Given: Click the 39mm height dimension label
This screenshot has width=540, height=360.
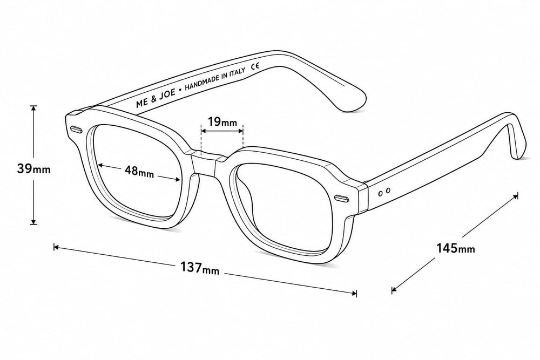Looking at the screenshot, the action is click(x=33, y=169).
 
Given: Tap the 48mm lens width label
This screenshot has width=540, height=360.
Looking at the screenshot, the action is click(x=139, y=171).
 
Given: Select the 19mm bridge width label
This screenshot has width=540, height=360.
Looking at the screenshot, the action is click(x=222, y=121).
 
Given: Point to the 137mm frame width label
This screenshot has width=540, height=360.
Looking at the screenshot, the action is click(x=200, y=268).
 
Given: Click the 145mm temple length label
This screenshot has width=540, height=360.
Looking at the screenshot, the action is click(x=456, y=248).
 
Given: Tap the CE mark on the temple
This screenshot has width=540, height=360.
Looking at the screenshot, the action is click(x=255, y=66).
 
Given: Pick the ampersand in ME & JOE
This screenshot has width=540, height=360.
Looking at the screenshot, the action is click(x=153, y=99).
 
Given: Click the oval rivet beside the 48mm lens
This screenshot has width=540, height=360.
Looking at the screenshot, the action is click(x=76, y=130).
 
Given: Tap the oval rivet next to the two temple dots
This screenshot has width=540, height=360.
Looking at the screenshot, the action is click(x=341, y=198).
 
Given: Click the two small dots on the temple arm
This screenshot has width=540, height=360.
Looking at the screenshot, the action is click(x=384, y=192).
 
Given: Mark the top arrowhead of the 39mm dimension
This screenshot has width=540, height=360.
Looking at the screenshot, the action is click(x=33, y=108).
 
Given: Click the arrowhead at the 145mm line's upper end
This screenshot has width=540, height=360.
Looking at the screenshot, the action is click(x=515, y=196).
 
